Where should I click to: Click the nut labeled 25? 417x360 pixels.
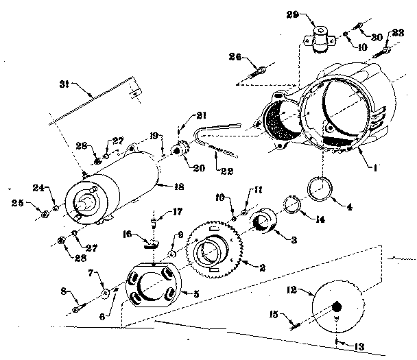[x=45, y=215]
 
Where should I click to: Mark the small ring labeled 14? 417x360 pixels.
[x=294, y=206]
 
